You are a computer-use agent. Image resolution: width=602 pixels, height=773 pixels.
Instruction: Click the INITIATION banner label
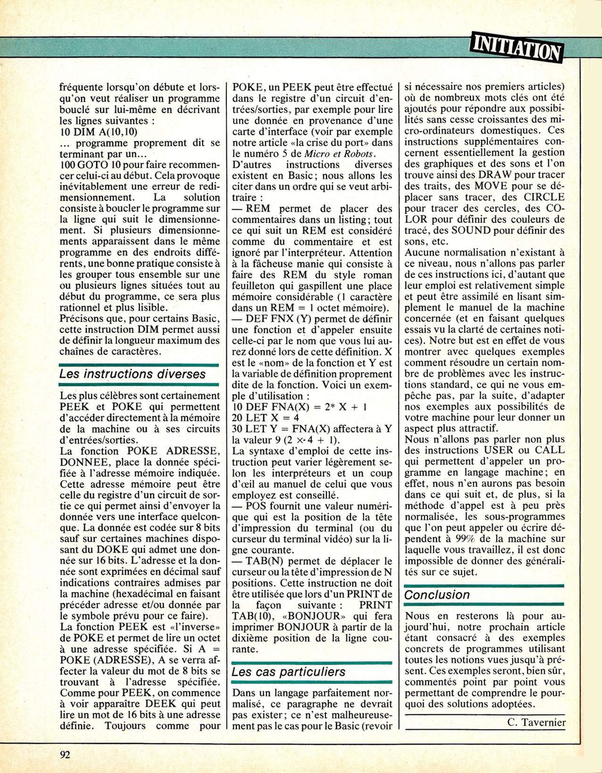click(x=516, y=48)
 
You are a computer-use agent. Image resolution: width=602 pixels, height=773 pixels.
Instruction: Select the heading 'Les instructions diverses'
click(x=133, y=374)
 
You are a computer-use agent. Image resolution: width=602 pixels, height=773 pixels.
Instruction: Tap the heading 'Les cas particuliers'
click(x=288, y=672)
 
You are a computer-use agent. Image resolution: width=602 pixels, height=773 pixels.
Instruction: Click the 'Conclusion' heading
click(x=437, y=594)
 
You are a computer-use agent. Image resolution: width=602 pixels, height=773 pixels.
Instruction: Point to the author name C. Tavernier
click(x=536, y=723)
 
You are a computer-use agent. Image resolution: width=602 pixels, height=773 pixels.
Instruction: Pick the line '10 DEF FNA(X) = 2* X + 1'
click(x=300, y=407)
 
